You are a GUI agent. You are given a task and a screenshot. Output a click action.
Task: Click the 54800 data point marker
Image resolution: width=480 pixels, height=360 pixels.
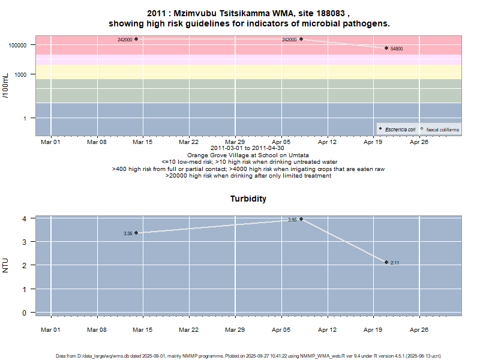coord(386,48)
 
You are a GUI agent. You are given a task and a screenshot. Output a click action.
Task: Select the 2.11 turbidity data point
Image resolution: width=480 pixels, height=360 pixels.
coord(386,262)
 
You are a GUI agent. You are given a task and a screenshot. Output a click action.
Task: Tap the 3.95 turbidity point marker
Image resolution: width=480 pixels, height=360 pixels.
coord(301,219)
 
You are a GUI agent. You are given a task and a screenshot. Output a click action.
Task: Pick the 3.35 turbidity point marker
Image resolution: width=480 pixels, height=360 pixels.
coord(136,233)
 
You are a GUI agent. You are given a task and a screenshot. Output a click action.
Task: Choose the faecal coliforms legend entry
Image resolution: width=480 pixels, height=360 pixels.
coord(439,129)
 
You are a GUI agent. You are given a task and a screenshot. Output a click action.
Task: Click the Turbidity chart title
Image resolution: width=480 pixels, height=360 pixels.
coord(248,199)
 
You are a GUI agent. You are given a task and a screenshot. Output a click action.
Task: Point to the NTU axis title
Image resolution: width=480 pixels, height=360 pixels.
coord(6,265)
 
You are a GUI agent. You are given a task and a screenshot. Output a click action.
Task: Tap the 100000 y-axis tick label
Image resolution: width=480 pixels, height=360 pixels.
coord(20,45)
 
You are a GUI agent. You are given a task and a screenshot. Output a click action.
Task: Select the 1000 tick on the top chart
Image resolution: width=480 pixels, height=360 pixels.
coord(23,74)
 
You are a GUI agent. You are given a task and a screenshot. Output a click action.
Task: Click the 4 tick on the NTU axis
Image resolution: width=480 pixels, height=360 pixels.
coord(25,218)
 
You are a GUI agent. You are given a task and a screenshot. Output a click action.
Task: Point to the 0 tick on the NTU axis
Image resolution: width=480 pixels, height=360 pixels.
coord(25,313)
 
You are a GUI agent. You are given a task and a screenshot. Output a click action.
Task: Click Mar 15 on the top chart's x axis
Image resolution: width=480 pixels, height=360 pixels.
coord(143,142)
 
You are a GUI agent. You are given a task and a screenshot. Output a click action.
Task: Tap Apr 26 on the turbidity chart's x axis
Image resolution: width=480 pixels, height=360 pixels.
coord(419,329)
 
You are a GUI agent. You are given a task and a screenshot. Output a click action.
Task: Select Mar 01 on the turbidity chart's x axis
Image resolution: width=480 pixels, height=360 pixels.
coord(50,329)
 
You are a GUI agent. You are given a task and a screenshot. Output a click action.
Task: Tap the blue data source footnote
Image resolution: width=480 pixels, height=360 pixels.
coord(248,356)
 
